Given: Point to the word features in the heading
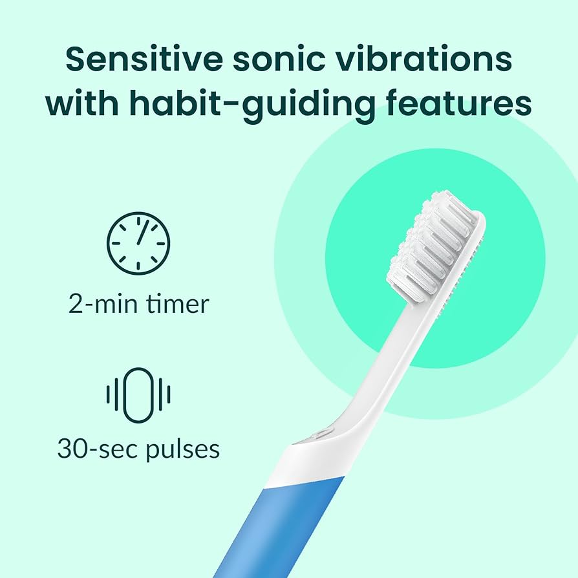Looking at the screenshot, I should tap(461, 103).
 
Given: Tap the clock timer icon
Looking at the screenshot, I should tap(138, 242).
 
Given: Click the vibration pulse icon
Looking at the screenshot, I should tap(138, 395).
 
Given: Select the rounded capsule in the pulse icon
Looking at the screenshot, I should tap(138, 395).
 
